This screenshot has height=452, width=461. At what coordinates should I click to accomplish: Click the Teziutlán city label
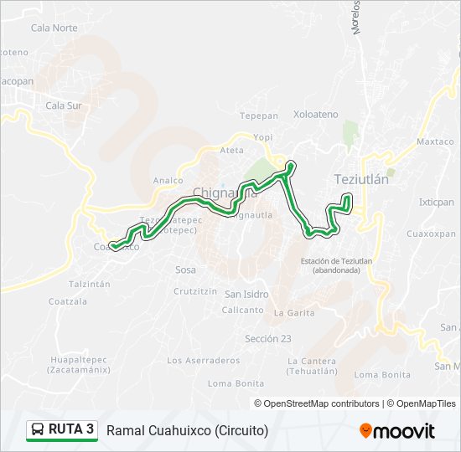361,179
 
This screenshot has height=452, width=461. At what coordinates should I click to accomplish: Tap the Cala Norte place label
54,28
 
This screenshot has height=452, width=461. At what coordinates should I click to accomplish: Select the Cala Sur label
64,105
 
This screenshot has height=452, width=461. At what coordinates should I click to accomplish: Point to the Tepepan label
258,116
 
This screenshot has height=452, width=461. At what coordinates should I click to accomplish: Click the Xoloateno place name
316,114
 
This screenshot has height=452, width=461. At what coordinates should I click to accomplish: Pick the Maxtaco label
435,141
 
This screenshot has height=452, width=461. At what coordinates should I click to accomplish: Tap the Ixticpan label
437,203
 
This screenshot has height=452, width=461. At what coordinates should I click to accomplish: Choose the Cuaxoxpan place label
430,234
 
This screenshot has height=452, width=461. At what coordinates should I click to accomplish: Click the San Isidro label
246,294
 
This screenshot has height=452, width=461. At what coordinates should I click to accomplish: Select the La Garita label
294,312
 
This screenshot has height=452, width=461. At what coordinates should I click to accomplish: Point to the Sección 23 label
268,338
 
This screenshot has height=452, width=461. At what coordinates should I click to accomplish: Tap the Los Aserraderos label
204,361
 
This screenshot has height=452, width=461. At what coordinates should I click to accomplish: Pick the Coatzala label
68,301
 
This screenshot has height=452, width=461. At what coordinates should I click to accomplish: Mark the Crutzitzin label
195,291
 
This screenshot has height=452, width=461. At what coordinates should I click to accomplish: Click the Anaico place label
168,180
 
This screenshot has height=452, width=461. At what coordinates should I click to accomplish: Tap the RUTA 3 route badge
62,430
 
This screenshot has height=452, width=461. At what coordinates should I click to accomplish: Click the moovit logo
397,431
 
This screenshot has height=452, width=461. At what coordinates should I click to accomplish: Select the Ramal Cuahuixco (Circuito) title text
187,431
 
